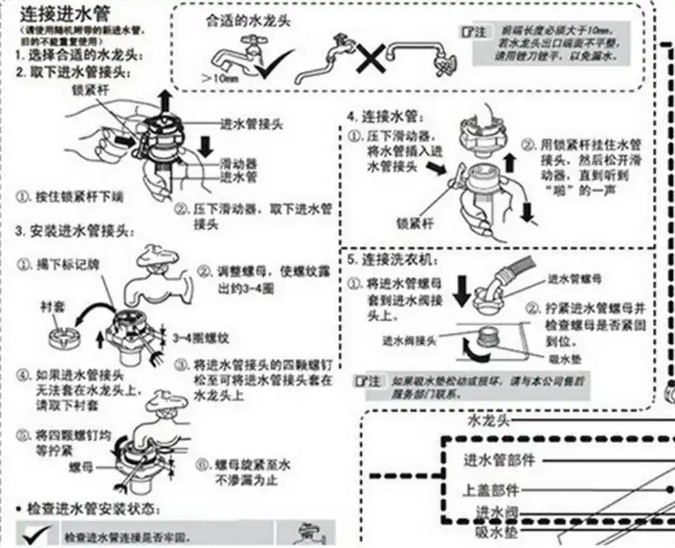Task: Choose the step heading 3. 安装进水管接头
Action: (74, 231)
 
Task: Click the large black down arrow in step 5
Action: (462, 290)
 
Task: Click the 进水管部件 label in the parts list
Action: (499, 460)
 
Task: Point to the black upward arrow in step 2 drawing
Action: (164, 101)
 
